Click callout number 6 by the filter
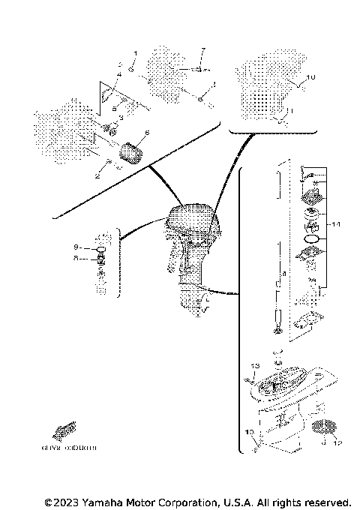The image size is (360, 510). coord(147,133)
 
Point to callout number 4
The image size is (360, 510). coord(118,75)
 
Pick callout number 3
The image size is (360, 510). coord(121,118)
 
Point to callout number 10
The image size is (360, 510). coord(312,77)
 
